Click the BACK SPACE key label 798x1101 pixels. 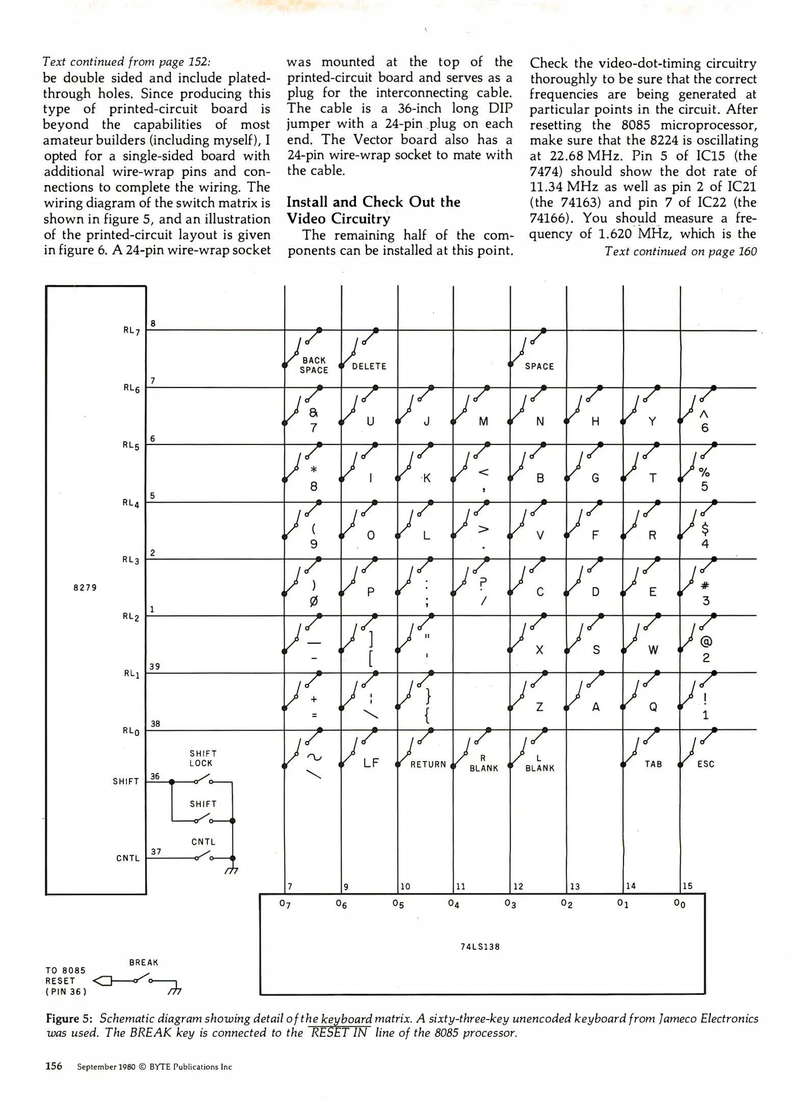pyautogui.click(x=314, y=365)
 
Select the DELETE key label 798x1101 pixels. pyautogui.click(x=369, y=366)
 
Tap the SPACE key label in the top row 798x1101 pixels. pyautogui.click(x=539, y=366)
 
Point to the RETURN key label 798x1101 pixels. pyautogui.click(x=428, y=764)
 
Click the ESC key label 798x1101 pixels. pyautogui.click(x=706, y=764)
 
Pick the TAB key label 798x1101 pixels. pyautogui.click(x=653, y=764)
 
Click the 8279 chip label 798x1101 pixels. pyautogui.click(x=85, y=587)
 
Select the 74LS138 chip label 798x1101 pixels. pyautogui.click(x=480, y=947)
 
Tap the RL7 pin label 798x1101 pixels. pyautogui.click(x=131, y=330)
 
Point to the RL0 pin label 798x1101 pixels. pyautogui.click(x=131, y=731)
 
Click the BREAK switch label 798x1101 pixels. pyautogui.click(x=144, y=962)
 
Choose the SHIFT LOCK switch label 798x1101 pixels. pyautogui.click(x=203, y=758)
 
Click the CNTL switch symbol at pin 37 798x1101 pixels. pyautogui.click(x=204, y=857)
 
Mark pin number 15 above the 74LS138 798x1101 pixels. pyautogui.click(x=687, y=886)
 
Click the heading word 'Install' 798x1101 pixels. pyautogui.click(x=307, y=202)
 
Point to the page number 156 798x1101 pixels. pyautogui.click(x=54, y=1066)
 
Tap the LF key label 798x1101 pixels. pyautogui.click(x=371, y=763)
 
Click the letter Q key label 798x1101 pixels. pyautogui.click(x=653, y=707)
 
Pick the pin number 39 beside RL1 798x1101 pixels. pyautogui.click(x=155, y=666)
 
